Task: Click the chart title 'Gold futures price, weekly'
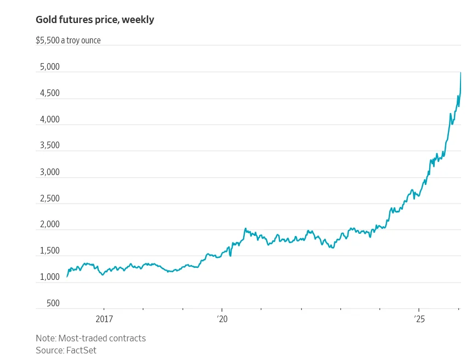(x=95, y=20)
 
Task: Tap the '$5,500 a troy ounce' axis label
(x=68, y=40)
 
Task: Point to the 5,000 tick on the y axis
(x=49, y=67)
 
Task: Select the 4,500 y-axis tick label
(x=49, y=93)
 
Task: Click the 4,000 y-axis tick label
(x=49, y=120)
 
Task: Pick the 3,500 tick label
(x=49, y=146)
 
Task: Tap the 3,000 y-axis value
(x=49, y=172)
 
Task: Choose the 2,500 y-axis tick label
(x=49, y=199)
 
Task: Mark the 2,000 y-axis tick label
(x=49, y=225)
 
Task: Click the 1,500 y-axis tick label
(x=49, y=251)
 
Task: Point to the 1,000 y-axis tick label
(x=49, y=277)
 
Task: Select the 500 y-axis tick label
(x=53, y=303)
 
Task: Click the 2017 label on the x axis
(x=104, y=319)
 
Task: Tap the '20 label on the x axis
(x=222, y=319)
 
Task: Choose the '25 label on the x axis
(x=419, y=319)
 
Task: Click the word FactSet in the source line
(x=81, y=350)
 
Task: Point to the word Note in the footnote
(x=46, y=338)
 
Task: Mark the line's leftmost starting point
(x=67, y=277)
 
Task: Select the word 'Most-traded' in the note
(x=85, y=338)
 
